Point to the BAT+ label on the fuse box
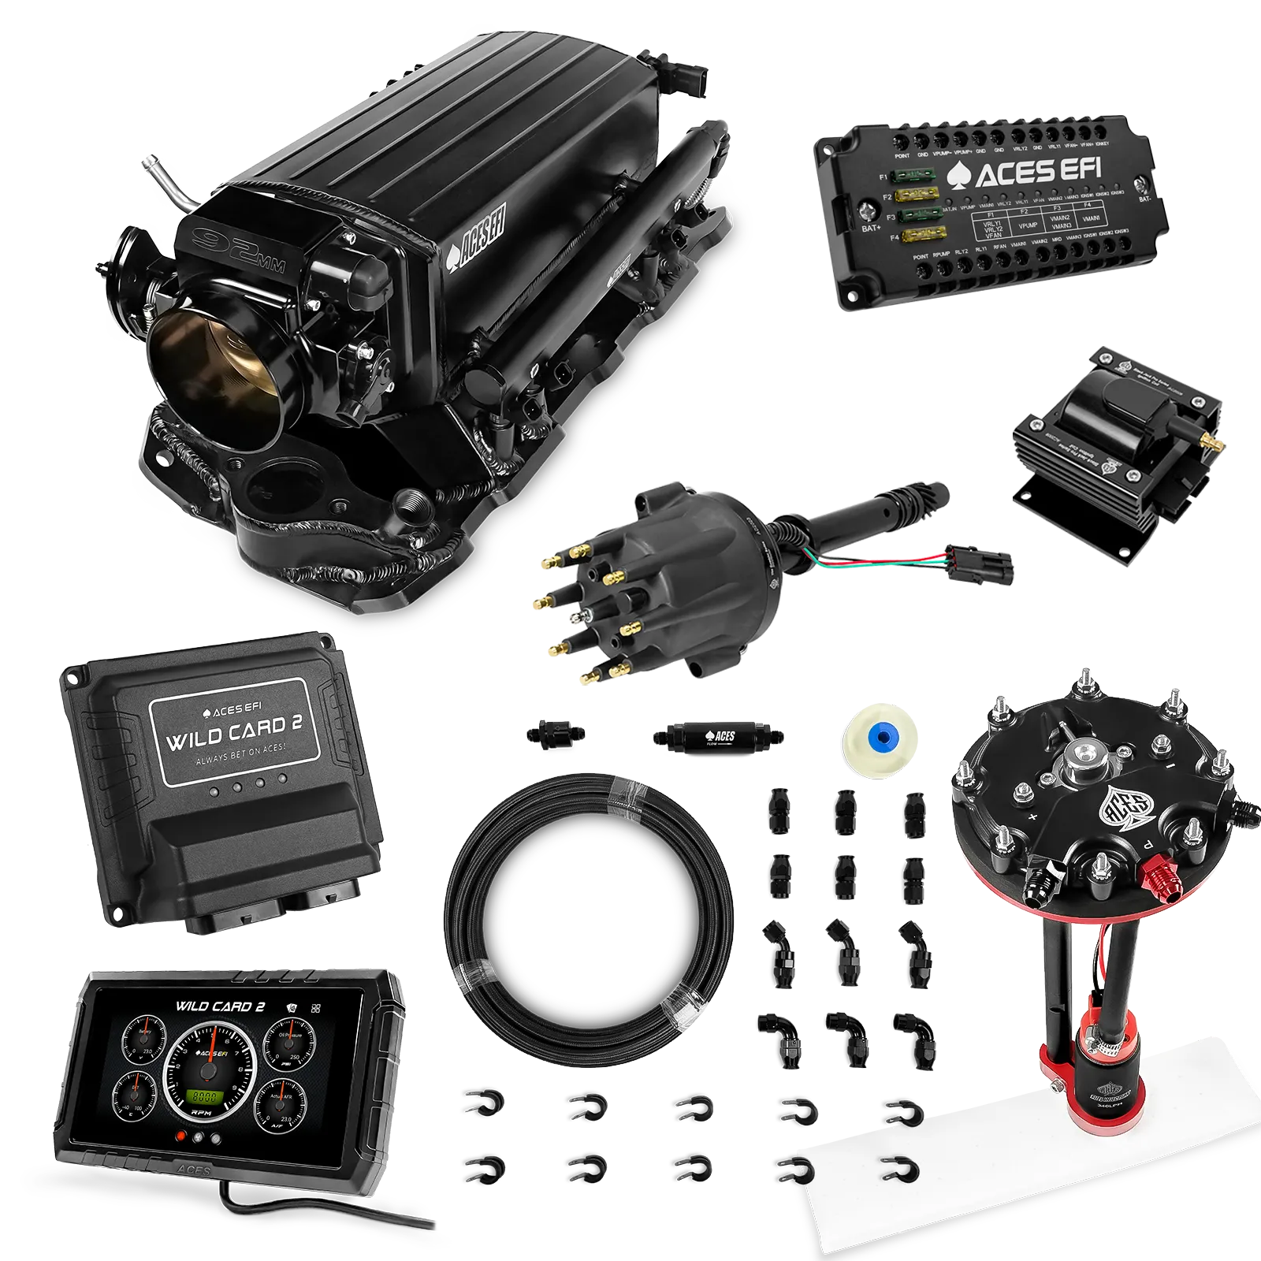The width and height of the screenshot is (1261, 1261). click(x=871, y=228)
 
